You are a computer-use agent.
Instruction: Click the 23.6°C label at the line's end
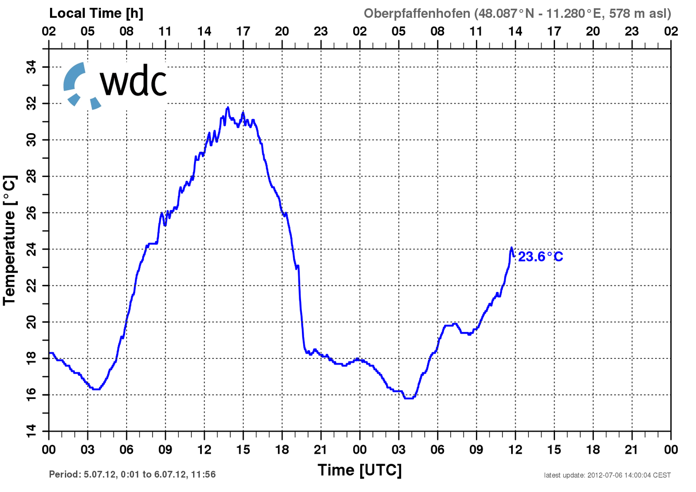coord(540,257)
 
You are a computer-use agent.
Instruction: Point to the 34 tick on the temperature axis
coord(31,67)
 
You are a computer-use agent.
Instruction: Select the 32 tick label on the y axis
coord(31,104)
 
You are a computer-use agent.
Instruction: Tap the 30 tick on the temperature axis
coord(31,140)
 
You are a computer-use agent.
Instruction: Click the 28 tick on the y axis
coord(31,176)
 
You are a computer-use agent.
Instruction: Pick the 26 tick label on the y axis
coord(31,213)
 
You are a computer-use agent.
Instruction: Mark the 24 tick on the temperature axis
coord(31,249)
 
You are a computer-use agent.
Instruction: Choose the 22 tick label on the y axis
coord(31,285)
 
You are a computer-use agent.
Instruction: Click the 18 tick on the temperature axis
coord(31,358)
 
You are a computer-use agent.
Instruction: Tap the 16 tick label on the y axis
coord(31,395)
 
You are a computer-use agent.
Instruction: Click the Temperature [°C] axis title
coord(10,240)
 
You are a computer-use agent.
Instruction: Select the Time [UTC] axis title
coord(359,470)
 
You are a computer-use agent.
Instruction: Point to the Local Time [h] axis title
coord(96,13)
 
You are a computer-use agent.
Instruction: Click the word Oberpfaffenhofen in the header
coord(417,13)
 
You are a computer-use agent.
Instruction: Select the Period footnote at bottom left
coord(132,474)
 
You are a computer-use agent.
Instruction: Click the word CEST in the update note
coord(662,475)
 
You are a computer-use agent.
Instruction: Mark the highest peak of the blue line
coord(228,107)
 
